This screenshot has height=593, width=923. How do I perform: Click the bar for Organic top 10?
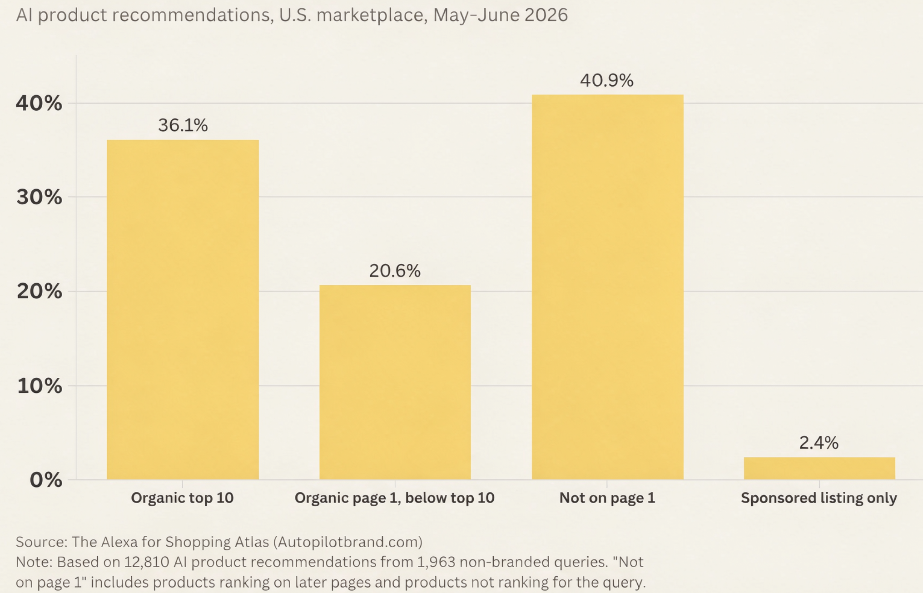pos(183,310)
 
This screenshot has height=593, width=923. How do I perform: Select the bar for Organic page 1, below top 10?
pos(395,382)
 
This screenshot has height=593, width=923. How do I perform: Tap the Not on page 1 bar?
pos(607,287)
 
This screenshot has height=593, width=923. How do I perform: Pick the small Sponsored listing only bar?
pos(819,468)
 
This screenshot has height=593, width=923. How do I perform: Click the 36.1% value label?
pos(183,125)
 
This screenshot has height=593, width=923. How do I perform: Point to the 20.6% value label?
pos(395,271)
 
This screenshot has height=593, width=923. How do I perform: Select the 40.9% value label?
pos(607,80)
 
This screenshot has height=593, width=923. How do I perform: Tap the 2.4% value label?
pos(819,443)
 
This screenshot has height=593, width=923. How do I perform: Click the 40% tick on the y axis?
pos(39,104)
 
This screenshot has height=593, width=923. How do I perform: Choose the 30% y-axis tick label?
pos(40,197)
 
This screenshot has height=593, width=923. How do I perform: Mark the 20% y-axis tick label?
pos(40,292)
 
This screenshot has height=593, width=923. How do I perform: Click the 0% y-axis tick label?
pos(46,480)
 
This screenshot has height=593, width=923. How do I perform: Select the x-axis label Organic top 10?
pos(182,498)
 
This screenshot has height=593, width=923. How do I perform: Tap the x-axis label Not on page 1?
pos(607,498)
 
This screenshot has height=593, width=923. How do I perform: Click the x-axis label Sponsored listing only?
pos(819,498)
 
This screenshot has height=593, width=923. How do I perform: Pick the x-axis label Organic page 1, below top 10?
pos(395,498)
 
